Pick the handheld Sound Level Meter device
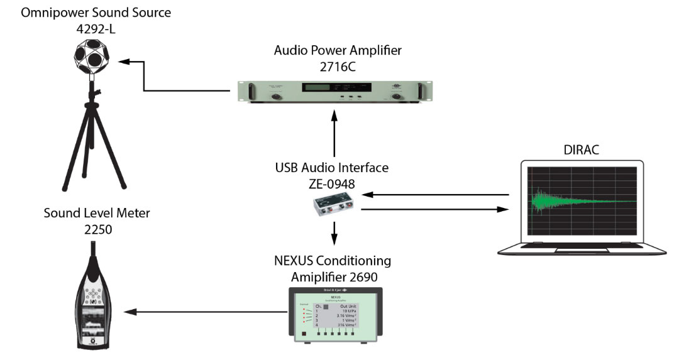coord(97,301)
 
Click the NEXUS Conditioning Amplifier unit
coord(334,314)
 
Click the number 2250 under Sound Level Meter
coord(97,229)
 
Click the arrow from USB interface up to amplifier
coord(334,135)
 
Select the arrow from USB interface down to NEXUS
coord(334,233)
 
